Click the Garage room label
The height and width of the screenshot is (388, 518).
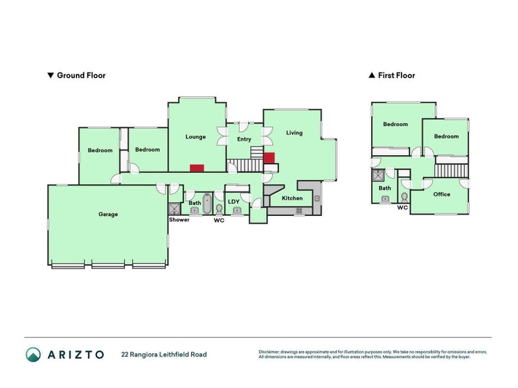[x=108, y=215]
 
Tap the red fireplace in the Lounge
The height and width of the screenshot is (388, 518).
[x=197, y=168]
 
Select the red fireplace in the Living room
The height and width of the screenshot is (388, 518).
[x=269, y=158]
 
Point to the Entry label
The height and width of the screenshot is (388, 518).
[x=244, y=140]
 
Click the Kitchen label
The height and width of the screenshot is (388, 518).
[x=292, y=199]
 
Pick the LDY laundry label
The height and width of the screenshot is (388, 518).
[x=234, y=202]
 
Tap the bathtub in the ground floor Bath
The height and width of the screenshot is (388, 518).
[x=207, y=204]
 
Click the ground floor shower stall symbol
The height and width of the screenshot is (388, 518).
[x=174, y=209]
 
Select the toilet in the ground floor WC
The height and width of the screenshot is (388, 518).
[x=219, y=210]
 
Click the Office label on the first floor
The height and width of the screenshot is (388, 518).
[x=442, y=195]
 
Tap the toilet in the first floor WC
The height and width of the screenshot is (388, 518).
[x=404, y=198]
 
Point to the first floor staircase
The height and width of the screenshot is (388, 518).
[x=451, y=171]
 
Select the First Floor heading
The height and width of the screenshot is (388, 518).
[x=392, y=75]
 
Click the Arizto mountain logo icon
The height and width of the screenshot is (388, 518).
[x=34, y=354]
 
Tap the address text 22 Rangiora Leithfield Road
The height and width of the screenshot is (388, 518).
[x=164, y=354]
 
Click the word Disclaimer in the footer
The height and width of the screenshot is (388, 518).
[x=269, y=352]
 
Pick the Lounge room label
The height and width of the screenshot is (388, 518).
[x=196, y=137]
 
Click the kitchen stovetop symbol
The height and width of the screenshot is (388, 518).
[x=299, y=211]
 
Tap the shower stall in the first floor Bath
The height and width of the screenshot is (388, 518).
[x=378, y=175]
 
